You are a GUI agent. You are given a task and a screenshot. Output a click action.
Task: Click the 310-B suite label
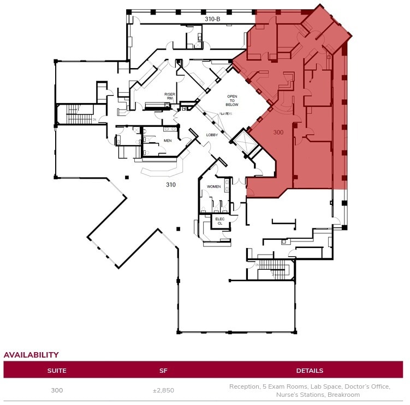(x=212, y=19)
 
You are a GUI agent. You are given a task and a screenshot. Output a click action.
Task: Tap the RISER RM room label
(x=169, y=96)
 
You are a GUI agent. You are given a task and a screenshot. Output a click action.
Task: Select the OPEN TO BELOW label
(x=232, y=100)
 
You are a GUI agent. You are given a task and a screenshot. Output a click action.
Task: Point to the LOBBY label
(x=212, y=135)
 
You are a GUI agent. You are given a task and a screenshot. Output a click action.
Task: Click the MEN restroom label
(x=168, y=141)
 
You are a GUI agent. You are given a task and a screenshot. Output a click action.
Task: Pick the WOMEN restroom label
(x=213, y=187)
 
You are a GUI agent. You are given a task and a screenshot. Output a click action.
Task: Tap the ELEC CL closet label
(x=220, y=221)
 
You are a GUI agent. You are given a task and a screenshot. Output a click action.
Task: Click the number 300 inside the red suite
(x=278, y=132)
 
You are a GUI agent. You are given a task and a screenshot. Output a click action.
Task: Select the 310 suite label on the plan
(x=171, y=185)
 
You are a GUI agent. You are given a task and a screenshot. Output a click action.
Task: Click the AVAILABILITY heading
(x=31, y=355)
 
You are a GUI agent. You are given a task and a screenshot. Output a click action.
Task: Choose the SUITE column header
(x=57, y=371)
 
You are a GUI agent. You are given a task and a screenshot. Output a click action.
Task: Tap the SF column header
(x=163, y=371)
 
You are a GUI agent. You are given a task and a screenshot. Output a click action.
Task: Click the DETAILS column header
(x=310, y=371)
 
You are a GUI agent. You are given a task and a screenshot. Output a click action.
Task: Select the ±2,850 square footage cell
(x=163, y=390)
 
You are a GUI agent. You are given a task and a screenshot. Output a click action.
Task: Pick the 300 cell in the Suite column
(x=57, y=390)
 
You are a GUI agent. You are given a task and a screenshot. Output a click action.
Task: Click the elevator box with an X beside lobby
(x=241, y=141)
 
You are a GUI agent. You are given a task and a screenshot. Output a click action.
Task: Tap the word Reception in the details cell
(x=243, y=386)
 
